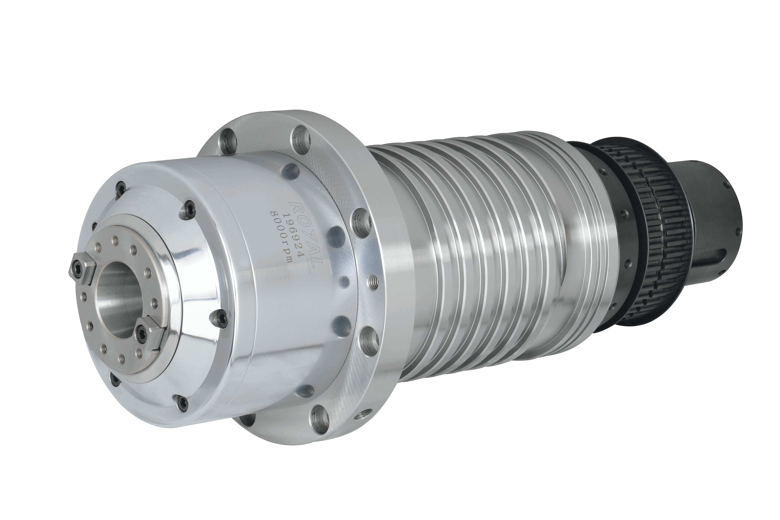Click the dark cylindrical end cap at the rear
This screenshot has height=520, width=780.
click(x=707, y=212)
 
